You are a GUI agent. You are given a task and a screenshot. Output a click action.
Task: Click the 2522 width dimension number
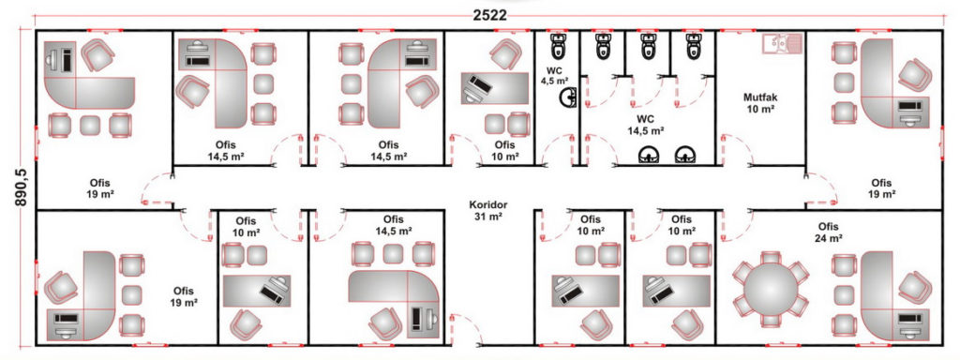[489, 15]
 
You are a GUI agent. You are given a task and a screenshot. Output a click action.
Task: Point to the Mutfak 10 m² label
[759, 103]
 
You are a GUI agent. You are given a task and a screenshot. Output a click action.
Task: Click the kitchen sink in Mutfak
[782, 44]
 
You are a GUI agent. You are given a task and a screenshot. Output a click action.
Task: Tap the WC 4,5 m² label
[555, 75]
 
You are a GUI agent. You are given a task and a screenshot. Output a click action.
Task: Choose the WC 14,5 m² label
[645, 125]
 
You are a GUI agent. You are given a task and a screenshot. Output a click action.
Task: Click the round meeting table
[771, 290]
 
